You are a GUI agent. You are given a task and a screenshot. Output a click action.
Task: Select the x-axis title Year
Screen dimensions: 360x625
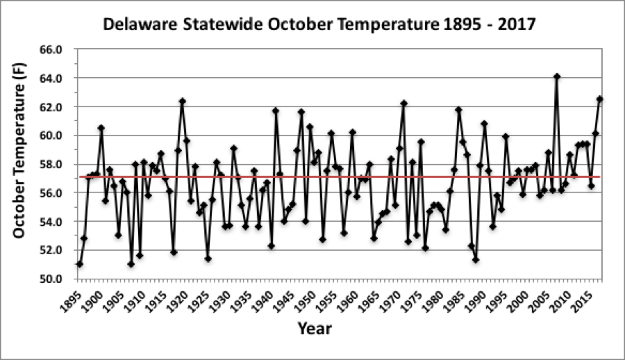pyautogui.click(x=315, y=328)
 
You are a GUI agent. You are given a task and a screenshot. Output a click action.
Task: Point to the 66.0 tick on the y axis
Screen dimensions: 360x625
pyautogui.click(x=53, y=50)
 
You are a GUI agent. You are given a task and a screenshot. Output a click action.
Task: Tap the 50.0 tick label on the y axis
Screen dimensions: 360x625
pyautogui.click(x=53, y=279)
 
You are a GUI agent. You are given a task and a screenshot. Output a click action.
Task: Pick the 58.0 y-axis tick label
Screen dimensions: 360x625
pyautogui.click(x=53, y=165)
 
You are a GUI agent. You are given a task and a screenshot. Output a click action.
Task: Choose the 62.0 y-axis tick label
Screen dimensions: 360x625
pyautogui.click(x=53, y=107)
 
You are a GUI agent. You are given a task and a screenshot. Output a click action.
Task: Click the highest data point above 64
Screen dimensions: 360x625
pyautogui.click(x=557, y=76)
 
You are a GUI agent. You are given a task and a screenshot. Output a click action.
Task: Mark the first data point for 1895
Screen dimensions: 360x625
pyautogui.click(x=80, y=264)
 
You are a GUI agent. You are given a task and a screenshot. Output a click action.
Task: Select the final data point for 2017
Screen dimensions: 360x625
pyautogui.click(x=600, y=99)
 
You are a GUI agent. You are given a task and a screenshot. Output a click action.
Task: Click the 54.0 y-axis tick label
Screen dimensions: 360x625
pyautogui.click(x=53, y=222)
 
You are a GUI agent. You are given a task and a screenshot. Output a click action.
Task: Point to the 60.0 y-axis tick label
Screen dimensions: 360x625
pyautogui.click(x=53, y=136)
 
